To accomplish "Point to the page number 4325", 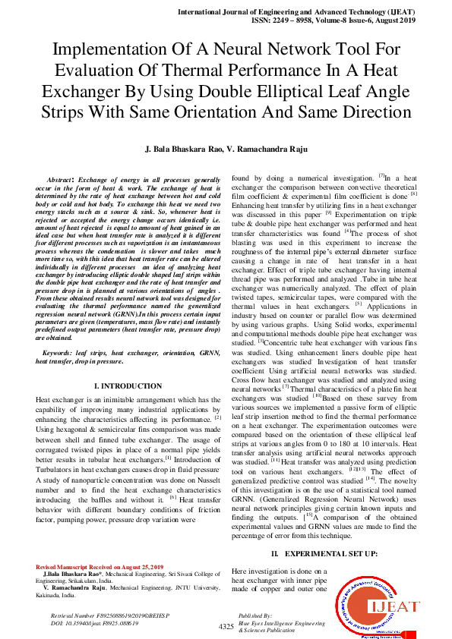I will coord(226,627).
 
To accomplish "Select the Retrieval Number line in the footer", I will coord(104,615).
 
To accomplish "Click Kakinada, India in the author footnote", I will coord(58,596).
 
